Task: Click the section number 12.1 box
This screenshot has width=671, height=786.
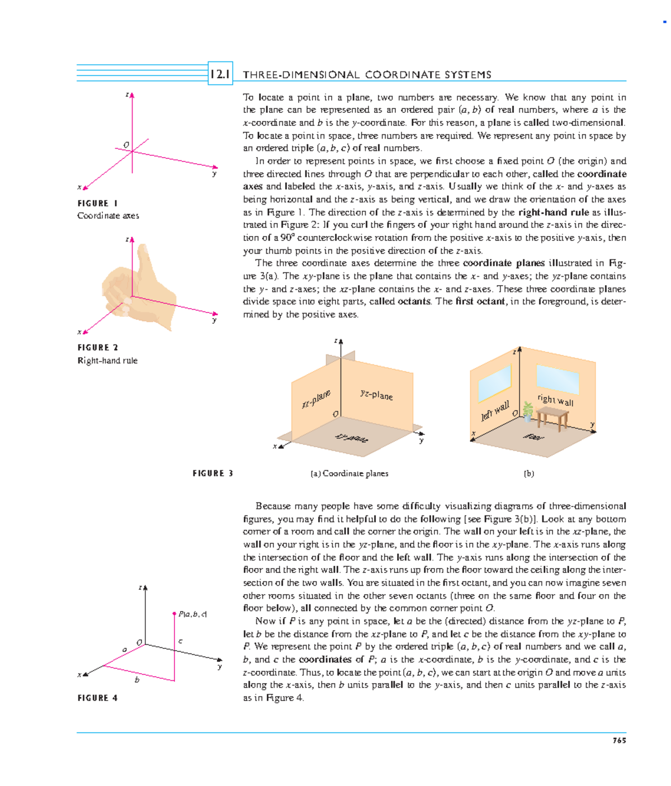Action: tap(220, 74)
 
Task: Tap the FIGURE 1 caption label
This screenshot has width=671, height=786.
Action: tap(97, 203)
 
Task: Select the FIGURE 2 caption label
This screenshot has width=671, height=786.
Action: tap(98, 348)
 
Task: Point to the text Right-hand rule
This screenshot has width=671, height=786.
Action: tap(107, 361)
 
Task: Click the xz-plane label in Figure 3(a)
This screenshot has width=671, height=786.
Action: tap(316, 399)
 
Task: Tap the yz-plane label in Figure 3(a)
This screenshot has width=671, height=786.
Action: tap(376, 395)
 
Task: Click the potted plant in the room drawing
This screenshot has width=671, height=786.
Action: tap(527, 411)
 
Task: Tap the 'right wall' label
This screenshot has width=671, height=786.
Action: tap(555, 400)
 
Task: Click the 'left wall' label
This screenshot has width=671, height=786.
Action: tap(495, 411)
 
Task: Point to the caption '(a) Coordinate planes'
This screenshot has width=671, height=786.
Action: tap(349, 474)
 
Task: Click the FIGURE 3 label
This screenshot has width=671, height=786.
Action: tap(212, 474)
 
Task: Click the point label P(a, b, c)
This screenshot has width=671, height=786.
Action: tap(192, 614)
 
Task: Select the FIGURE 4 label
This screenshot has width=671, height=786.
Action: tap(98, 698)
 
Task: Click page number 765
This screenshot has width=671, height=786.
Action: tap(619, 740)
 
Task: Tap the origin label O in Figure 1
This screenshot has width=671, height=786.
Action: tap(126, 145)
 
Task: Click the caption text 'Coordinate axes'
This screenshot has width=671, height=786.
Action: tap(108, 216)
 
